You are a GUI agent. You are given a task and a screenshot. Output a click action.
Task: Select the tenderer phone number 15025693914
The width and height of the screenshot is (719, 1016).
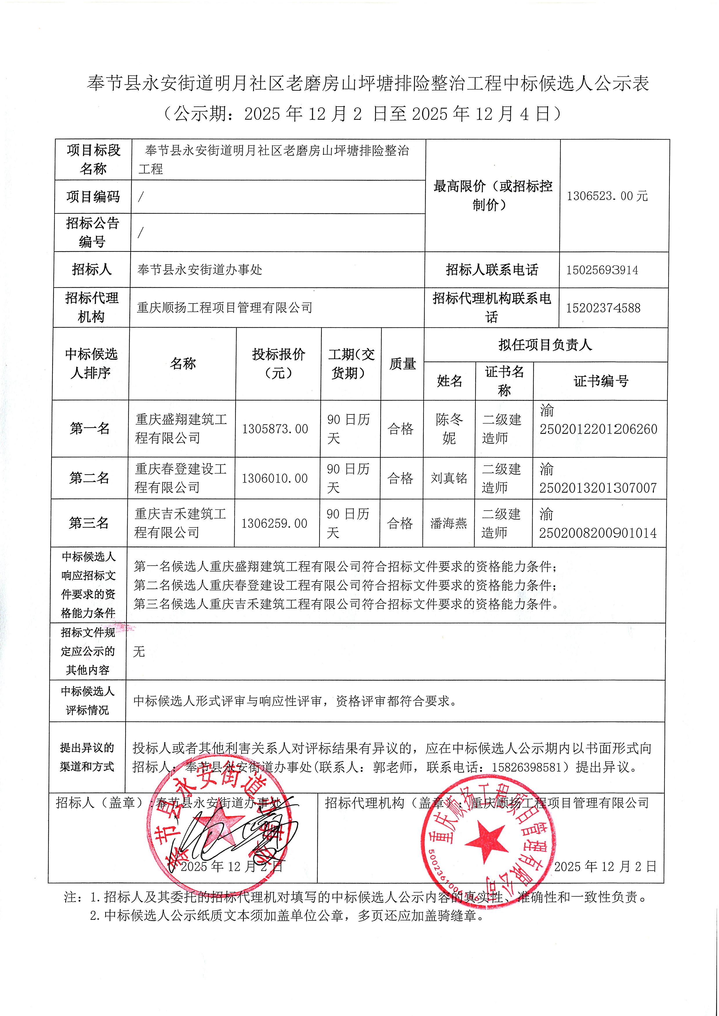pos(602,270)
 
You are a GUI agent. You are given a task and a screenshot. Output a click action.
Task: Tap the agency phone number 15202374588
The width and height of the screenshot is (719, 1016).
pos(603,308)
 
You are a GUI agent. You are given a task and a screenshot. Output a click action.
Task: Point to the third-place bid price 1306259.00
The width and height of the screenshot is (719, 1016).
pos(274,523)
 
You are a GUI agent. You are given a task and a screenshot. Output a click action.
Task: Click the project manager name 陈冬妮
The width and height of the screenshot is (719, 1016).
pos(449,428)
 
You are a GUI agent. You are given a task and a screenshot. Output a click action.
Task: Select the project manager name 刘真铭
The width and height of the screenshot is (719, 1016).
pos(449,478)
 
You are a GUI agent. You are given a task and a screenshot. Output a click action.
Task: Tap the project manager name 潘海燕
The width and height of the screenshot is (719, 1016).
pos(448,523)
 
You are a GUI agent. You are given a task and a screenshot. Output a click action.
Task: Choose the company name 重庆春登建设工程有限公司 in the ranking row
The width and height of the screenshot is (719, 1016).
pos(180,478)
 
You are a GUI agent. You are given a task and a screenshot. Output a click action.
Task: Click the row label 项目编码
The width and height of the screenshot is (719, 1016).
pos(93,196)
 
